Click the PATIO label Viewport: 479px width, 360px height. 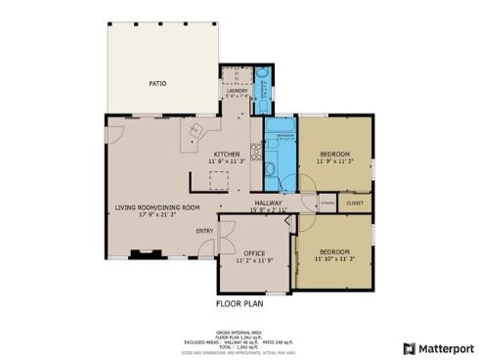click(x=157, y=84)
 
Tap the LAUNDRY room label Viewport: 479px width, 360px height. click(x=238, y=90)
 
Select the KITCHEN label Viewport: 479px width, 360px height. click(x=228, y=155)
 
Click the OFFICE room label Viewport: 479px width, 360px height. click(x=254, y=253)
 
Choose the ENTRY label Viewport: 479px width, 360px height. click(x=205, y=231)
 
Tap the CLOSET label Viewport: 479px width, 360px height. click(x=354, y=202)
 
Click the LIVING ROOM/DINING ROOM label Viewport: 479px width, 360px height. click(x=156, y=207)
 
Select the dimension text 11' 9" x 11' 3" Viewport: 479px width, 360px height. click(x=334, y=161)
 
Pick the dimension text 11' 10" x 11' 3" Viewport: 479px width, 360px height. click(x=334, y=260)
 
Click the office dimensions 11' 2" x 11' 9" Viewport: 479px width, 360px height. click(x=254, y=261)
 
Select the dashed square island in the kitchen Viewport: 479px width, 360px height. click(x=216, y=178)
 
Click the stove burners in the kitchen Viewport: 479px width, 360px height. click(x=254, y=152)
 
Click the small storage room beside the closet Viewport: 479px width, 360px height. click(x=327, y=202)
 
